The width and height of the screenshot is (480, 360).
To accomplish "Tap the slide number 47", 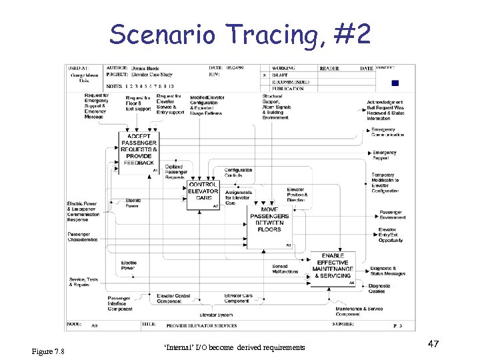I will point(433,343).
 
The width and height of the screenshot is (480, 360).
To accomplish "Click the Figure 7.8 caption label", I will point(48,351).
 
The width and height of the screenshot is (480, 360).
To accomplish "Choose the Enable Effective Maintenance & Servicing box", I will point(333,267).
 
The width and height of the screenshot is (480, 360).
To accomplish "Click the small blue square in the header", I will point(395,83).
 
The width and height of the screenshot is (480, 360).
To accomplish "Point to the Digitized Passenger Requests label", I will point(175,172).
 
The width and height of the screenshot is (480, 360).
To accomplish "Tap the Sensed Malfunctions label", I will point(285,269).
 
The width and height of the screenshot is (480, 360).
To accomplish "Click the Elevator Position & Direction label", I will point(295,195).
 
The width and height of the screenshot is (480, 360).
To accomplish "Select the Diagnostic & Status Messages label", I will point(387,271).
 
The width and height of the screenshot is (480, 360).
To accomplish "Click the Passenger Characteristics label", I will point(83,237).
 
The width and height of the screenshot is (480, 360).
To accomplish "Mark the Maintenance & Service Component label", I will point(359,311).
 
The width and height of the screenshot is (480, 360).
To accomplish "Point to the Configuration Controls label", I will point(238,173).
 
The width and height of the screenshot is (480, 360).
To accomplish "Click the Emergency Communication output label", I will point(388,132).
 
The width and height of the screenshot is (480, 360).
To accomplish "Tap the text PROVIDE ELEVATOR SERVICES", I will point(201,325).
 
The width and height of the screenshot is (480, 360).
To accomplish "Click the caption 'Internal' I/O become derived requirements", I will point(234,347).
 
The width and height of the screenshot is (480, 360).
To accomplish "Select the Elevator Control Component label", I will point(173,298).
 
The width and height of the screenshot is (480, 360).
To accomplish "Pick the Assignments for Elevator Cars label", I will point(238,197).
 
